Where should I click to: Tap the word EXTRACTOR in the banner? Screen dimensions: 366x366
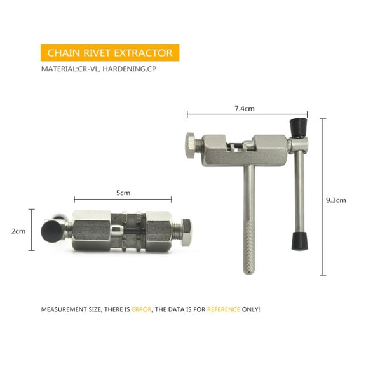143,53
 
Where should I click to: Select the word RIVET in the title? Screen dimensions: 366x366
97,53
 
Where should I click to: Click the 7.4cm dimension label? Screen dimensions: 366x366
245,109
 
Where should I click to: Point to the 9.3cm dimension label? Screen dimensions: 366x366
336,200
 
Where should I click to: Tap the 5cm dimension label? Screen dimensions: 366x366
123,193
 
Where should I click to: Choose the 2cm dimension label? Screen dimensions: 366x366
18,231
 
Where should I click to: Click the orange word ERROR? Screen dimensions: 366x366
142,309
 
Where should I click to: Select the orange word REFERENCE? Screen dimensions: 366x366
224,309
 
